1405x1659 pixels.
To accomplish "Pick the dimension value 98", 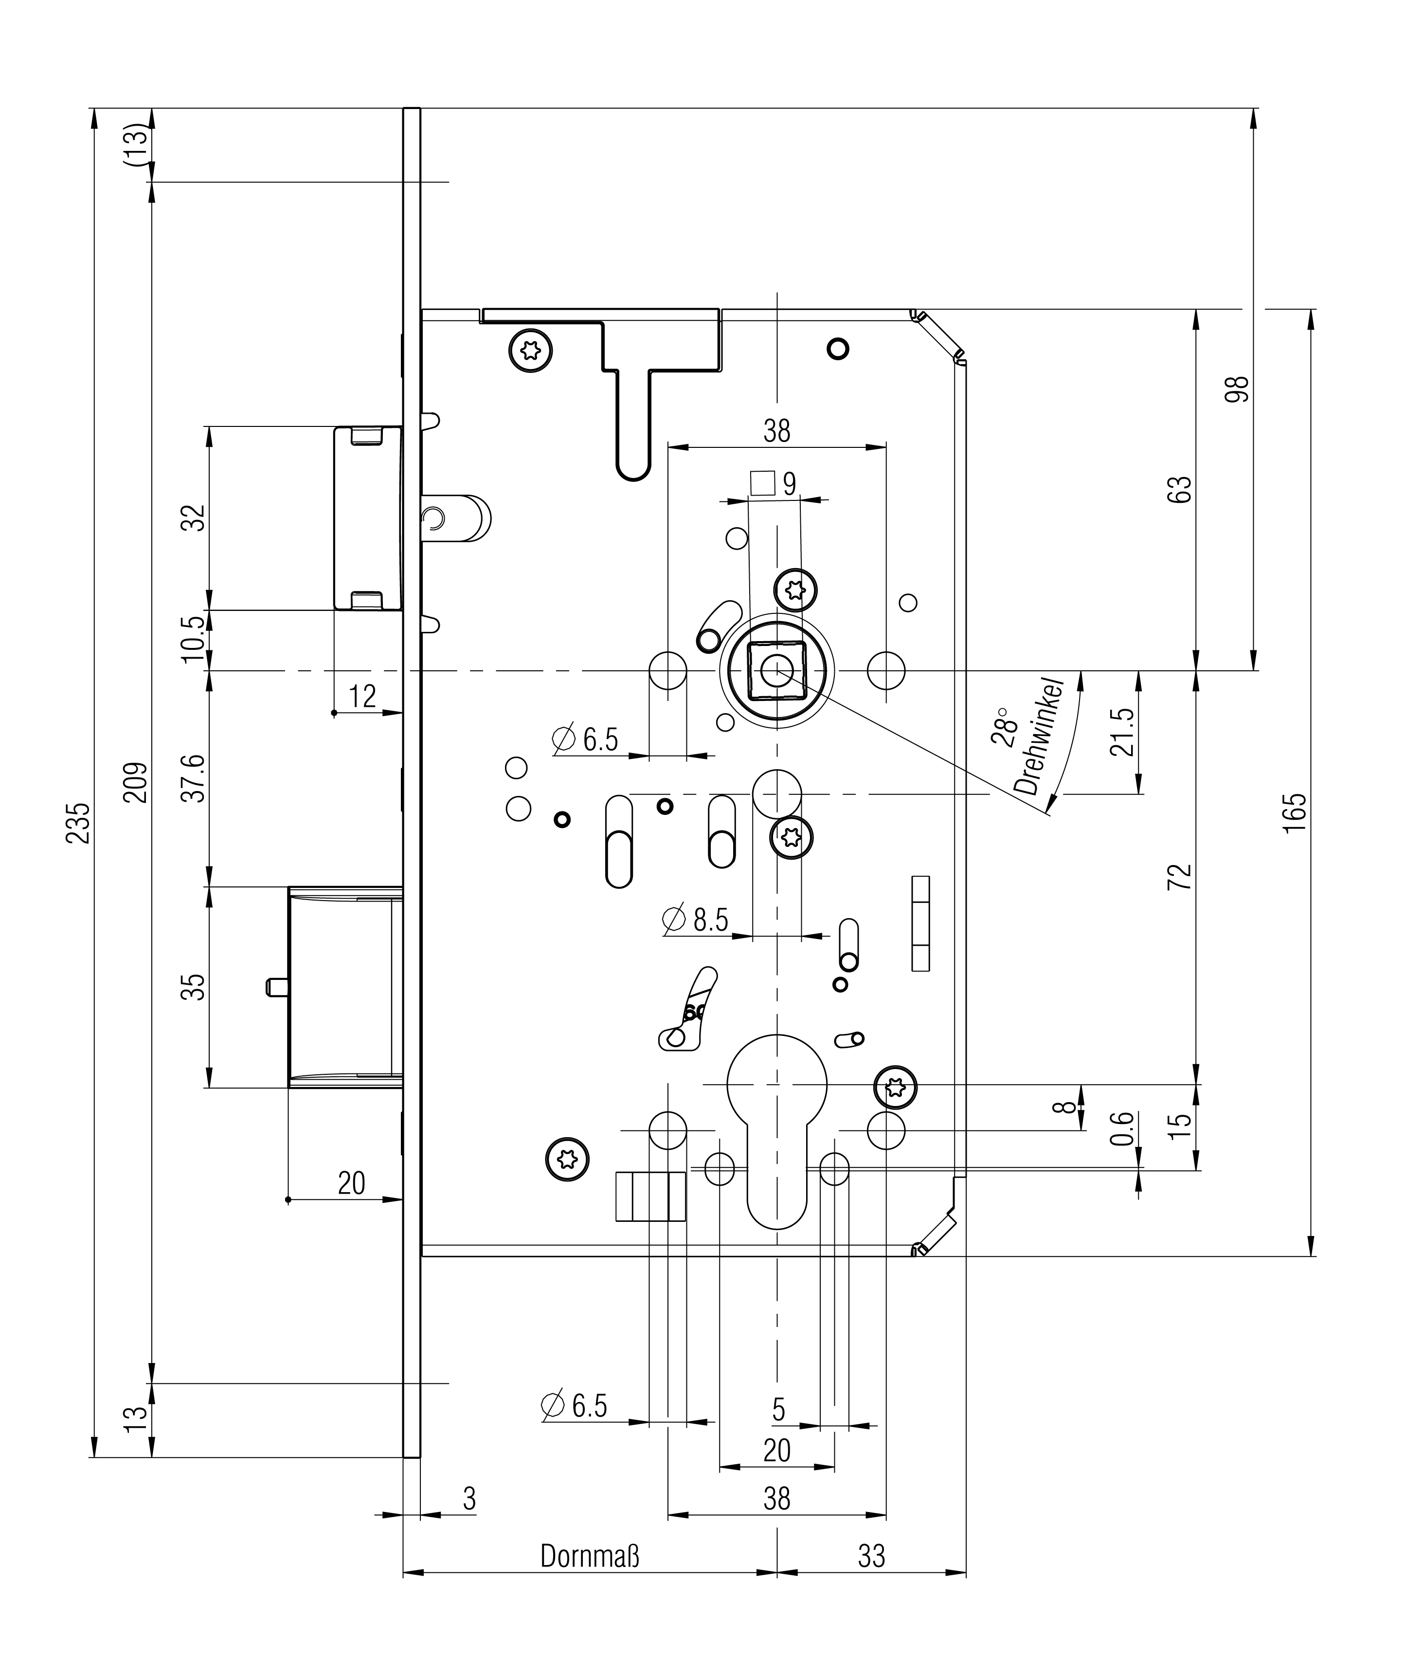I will tap(1238, 389).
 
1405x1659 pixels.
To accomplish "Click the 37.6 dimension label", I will tap(195, 778).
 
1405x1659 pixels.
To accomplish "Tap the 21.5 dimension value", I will tap(1121, 732).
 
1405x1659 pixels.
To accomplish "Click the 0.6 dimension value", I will tap(1121, 1129).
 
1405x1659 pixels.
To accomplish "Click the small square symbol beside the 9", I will tap(762, 483).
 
